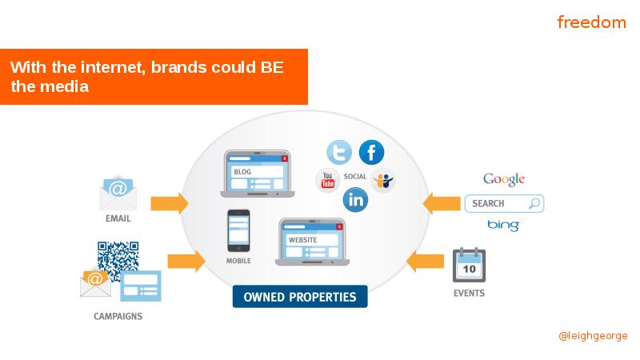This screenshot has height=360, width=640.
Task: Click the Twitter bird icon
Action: pos(339,152)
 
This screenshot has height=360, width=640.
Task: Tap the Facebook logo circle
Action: pos(371,152)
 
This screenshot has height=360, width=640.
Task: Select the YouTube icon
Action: pos(327,180)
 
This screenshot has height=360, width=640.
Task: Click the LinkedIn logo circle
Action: pos(355,199)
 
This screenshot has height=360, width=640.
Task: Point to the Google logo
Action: pos(504,179)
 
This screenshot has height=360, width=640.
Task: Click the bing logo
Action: pos(503,226)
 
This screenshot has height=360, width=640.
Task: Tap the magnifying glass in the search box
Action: pos(534,203)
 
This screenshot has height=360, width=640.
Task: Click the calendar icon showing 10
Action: pos(469,265)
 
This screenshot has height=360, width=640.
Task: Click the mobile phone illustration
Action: pos(238,230)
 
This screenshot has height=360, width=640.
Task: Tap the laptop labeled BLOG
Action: pos(257,174)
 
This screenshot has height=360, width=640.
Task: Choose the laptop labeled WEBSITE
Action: pos(312,242)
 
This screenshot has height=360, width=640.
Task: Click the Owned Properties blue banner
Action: pos(300,297)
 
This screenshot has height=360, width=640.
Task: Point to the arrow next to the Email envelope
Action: pos(170,203)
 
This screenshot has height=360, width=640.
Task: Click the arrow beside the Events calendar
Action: pos(426,262)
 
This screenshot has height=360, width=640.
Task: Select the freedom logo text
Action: pos(591,22)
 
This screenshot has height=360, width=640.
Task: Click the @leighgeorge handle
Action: pos(593,335)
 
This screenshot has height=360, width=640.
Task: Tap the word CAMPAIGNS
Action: pos(118,316)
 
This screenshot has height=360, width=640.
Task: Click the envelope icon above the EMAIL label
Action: pos(118,192)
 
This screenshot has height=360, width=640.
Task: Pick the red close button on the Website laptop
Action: pos(339,226)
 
